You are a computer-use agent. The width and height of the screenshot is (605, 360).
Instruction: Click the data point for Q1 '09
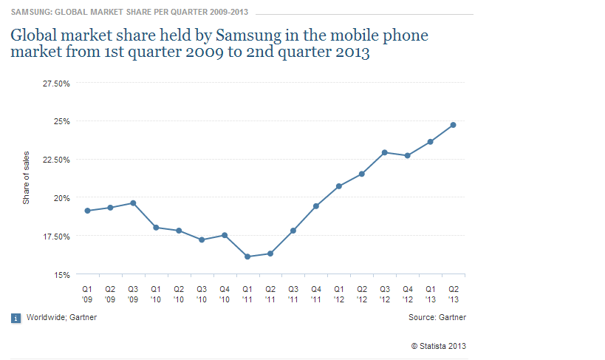click(87, 211)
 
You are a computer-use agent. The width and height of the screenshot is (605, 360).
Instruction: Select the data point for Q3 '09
click(133, 203)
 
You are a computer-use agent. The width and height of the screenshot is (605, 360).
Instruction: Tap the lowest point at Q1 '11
click(247, 257)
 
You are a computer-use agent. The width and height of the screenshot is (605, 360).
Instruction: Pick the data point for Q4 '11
click(315, 206)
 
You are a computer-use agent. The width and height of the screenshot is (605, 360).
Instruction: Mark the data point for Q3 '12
click(385, 152)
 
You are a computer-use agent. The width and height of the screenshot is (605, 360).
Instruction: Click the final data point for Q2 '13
click(453, 125)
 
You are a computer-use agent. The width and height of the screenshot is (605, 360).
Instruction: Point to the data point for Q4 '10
click(225, 235)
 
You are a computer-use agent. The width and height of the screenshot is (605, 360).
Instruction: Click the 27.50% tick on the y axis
click(56, 83)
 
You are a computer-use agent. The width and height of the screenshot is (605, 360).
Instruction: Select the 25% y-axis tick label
click(62, 121)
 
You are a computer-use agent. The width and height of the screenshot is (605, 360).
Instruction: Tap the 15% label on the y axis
click(62, 275)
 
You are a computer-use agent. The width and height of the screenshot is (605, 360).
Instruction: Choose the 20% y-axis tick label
click(62, 198)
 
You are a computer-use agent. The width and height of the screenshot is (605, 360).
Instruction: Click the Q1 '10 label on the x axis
click(156, 293)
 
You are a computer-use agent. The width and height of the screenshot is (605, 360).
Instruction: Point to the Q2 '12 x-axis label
click(361, 293)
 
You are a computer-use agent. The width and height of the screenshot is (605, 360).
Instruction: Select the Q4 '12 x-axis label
click(407, 293)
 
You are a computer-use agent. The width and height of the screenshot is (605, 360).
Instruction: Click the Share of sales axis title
click(26, 178)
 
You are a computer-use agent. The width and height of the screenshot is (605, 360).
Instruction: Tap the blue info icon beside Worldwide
click(16, 318)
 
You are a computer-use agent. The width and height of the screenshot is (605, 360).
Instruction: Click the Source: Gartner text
click(437, 317)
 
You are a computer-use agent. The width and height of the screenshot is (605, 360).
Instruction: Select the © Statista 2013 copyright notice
click(438, 345)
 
